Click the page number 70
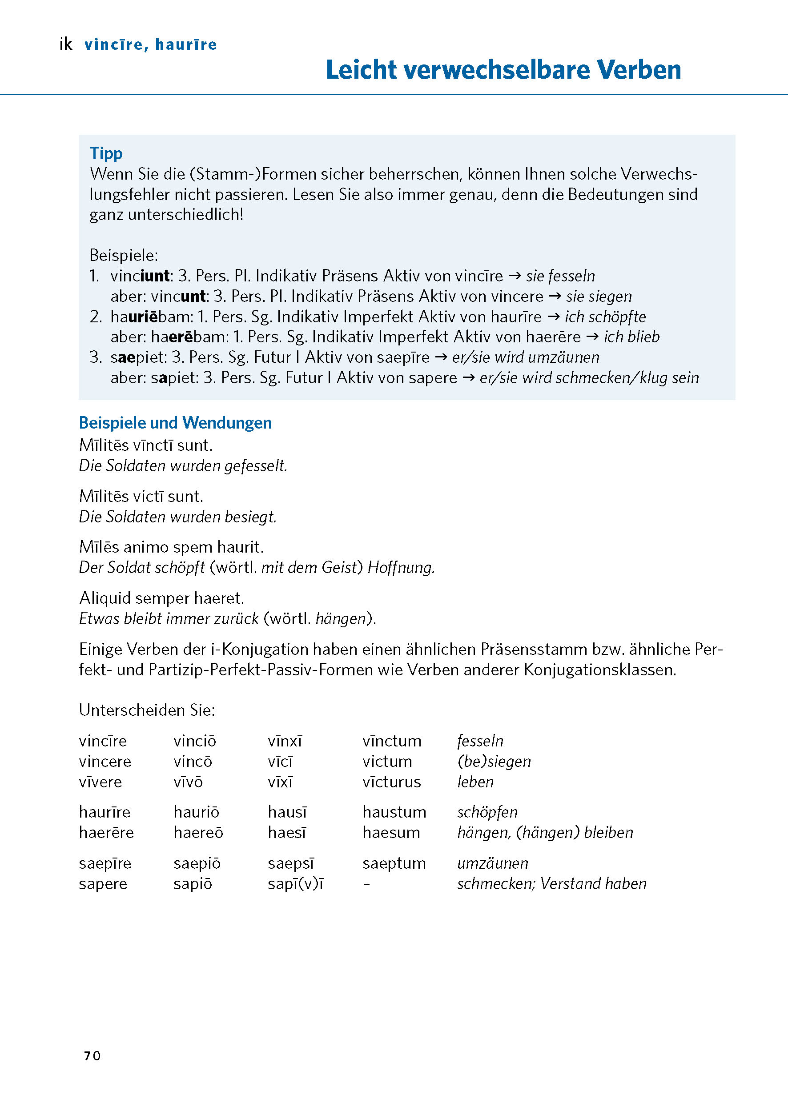(92, 1056)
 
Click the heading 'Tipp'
(106, 153)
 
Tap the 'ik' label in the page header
(65, 44)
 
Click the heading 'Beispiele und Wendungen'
(175, 423)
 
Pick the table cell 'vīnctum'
(392, 741)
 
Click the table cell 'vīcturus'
(392, 782)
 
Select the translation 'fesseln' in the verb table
(480, 741)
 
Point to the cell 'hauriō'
(196, 812)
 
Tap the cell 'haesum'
(391, 832)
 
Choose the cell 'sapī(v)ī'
(295, 884)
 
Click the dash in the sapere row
(367, 884)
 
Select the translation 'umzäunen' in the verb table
(493, 863)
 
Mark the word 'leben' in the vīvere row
(475, 782)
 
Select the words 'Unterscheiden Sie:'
(147, 710)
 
